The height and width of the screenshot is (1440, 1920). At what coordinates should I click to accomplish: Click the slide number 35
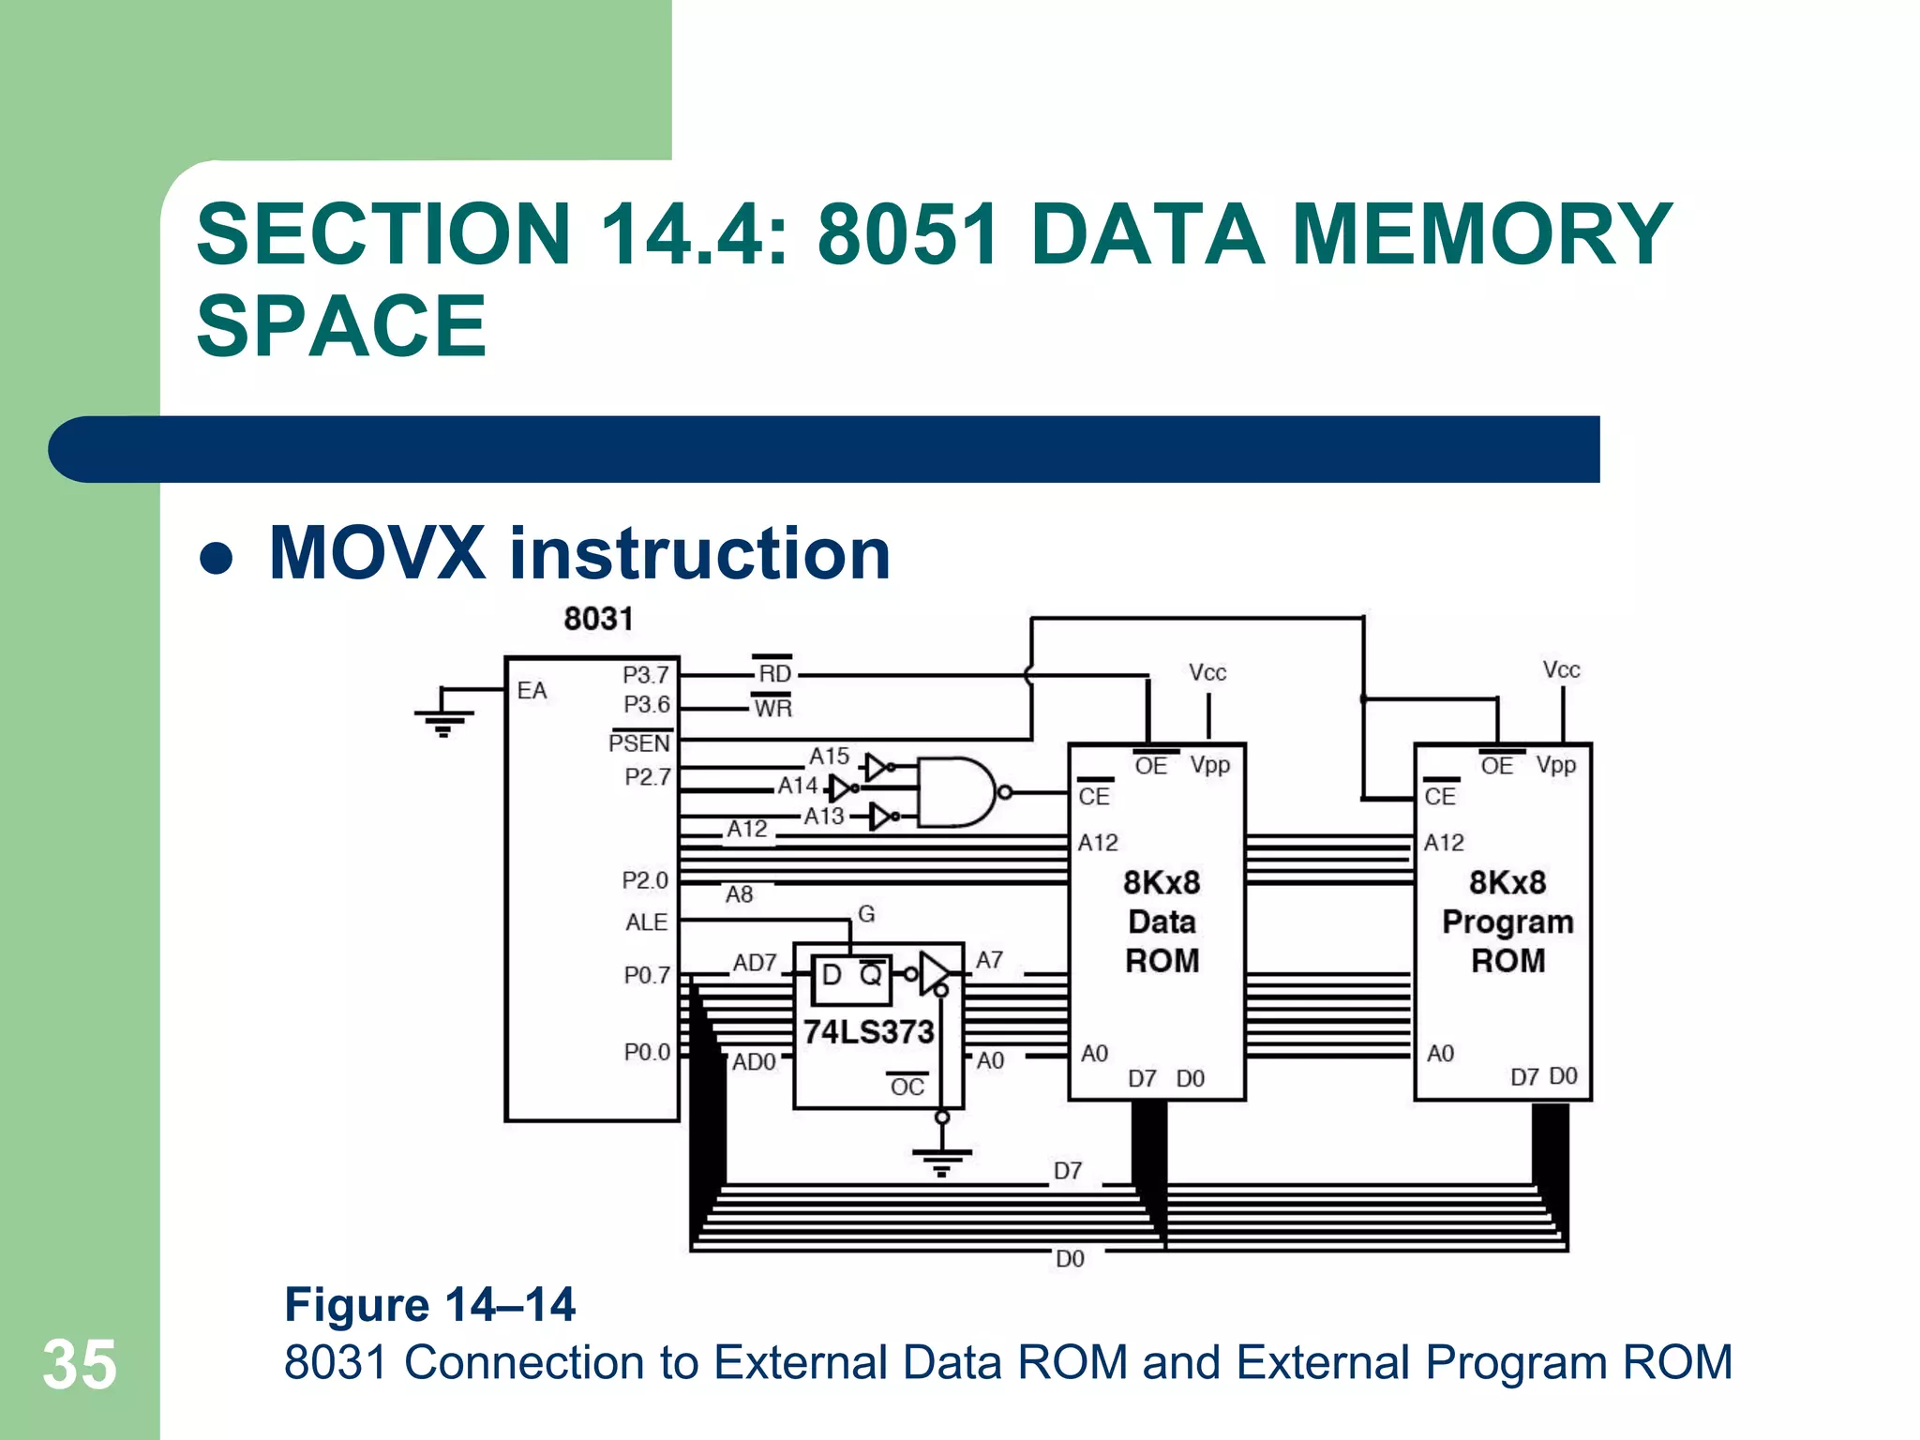80,1365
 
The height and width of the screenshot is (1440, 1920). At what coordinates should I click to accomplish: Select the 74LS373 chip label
868,1032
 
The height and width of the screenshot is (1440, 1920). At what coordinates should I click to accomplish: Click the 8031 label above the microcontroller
598,619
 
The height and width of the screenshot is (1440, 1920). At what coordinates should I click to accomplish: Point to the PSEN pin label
639,743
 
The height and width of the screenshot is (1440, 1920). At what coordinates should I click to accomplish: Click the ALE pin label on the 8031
646,922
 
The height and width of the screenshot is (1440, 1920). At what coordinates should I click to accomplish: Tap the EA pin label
532,691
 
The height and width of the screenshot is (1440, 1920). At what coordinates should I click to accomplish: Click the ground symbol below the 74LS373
942,1161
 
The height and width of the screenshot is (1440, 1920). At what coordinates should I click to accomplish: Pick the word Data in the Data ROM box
1162,922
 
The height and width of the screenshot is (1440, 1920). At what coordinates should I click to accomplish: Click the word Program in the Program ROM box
1507,922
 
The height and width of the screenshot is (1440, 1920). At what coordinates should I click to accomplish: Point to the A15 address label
830,756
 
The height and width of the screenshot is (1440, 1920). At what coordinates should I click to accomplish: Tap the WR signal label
772,708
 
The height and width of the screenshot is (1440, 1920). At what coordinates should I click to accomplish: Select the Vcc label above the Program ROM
1562,669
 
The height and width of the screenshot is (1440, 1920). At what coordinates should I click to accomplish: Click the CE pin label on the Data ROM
1094,796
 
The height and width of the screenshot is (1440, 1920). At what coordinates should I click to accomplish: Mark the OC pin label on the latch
907,1087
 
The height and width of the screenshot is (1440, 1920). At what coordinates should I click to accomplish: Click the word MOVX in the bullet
377,553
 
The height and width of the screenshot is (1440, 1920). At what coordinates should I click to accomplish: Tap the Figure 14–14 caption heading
429,1304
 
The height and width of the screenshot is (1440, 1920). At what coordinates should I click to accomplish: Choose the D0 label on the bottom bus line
1070,1259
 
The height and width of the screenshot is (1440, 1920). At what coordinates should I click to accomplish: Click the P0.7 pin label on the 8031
647,975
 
